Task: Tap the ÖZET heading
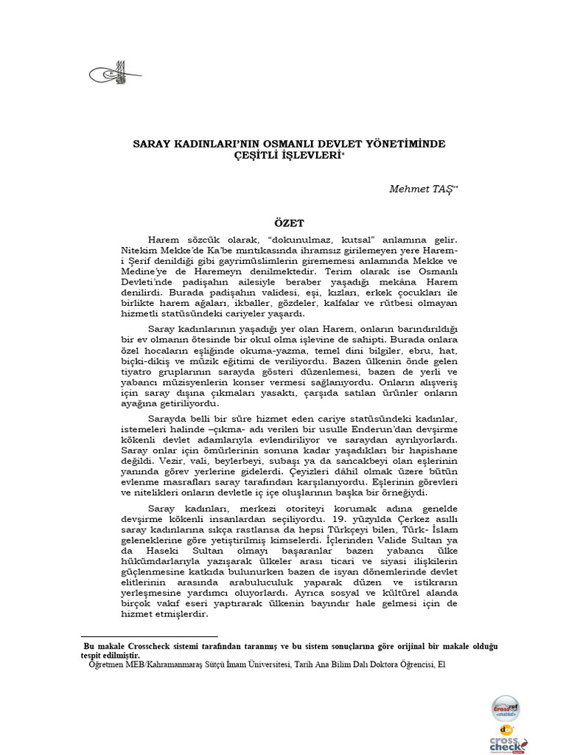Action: tap(289, 222)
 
